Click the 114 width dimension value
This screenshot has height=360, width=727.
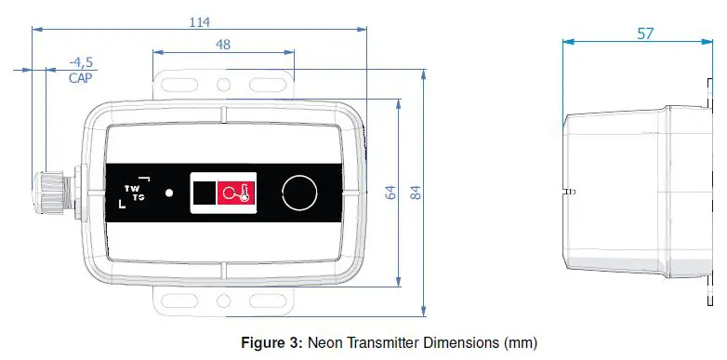[x=199, y=20]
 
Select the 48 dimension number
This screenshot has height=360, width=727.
[x=222, y=44]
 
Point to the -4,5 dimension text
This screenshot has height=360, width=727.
[x=81, y=62]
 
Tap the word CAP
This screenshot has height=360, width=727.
[x=81, y=78]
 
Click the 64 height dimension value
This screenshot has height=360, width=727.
[x=390, y=193]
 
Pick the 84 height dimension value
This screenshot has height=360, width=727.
[x=416, y=193]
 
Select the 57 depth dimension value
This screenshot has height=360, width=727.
[x=644, y=33]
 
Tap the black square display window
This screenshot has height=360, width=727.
[x=204, y=193]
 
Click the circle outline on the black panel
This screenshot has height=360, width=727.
[x=299, y=193]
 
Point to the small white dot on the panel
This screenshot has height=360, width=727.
[x=168, y=193]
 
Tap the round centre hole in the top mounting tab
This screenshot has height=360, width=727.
[x=222, y=85]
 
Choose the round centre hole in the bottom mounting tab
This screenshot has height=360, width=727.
[x=222, y=300]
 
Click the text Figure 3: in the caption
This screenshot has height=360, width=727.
[x=272, y=342]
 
